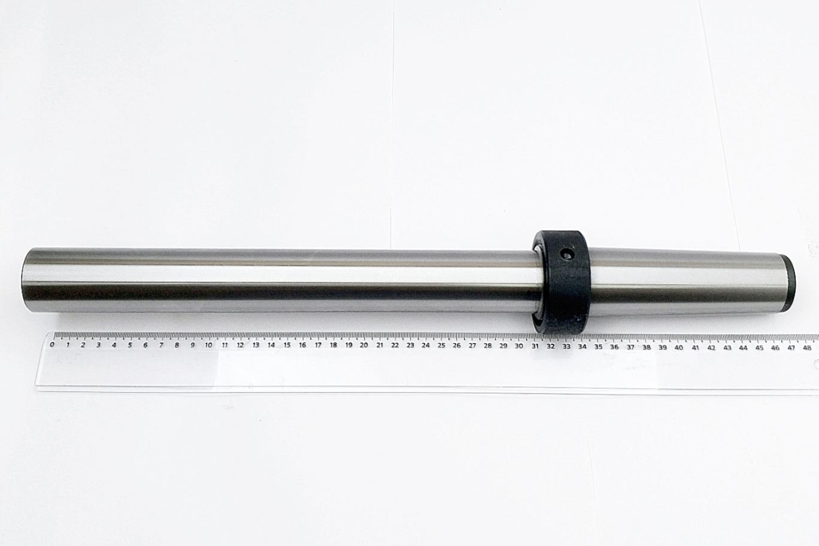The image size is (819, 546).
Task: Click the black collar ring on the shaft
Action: point(560,281)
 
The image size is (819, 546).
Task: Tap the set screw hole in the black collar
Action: point(568,253)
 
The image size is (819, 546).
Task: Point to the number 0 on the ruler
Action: point(52,344)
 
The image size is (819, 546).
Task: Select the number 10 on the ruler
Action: point(208,345)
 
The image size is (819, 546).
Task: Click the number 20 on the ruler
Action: point(364,345)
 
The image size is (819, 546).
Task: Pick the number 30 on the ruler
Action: point(519,346)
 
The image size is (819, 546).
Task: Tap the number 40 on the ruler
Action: point(678,347)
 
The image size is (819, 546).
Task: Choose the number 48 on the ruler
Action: point(807,348)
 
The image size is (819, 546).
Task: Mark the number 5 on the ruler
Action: point(130,345)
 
